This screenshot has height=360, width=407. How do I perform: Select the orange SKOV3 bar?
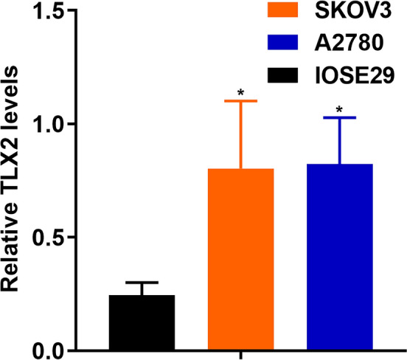[x=241, y=258]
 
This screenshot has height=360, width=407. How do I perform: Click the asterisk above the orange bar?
[x=241, y=93]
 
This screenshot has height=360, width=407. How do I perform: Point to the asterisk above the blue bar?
[x=340, y=111]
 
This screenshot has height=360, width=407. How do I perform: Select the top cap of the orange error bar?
[x=241, y=101]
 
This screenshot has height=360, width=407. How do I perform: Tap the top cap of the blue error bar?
[x=340, y=117]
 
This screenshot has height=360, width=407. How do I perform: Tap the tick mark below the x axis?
[x=241, y=355]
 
